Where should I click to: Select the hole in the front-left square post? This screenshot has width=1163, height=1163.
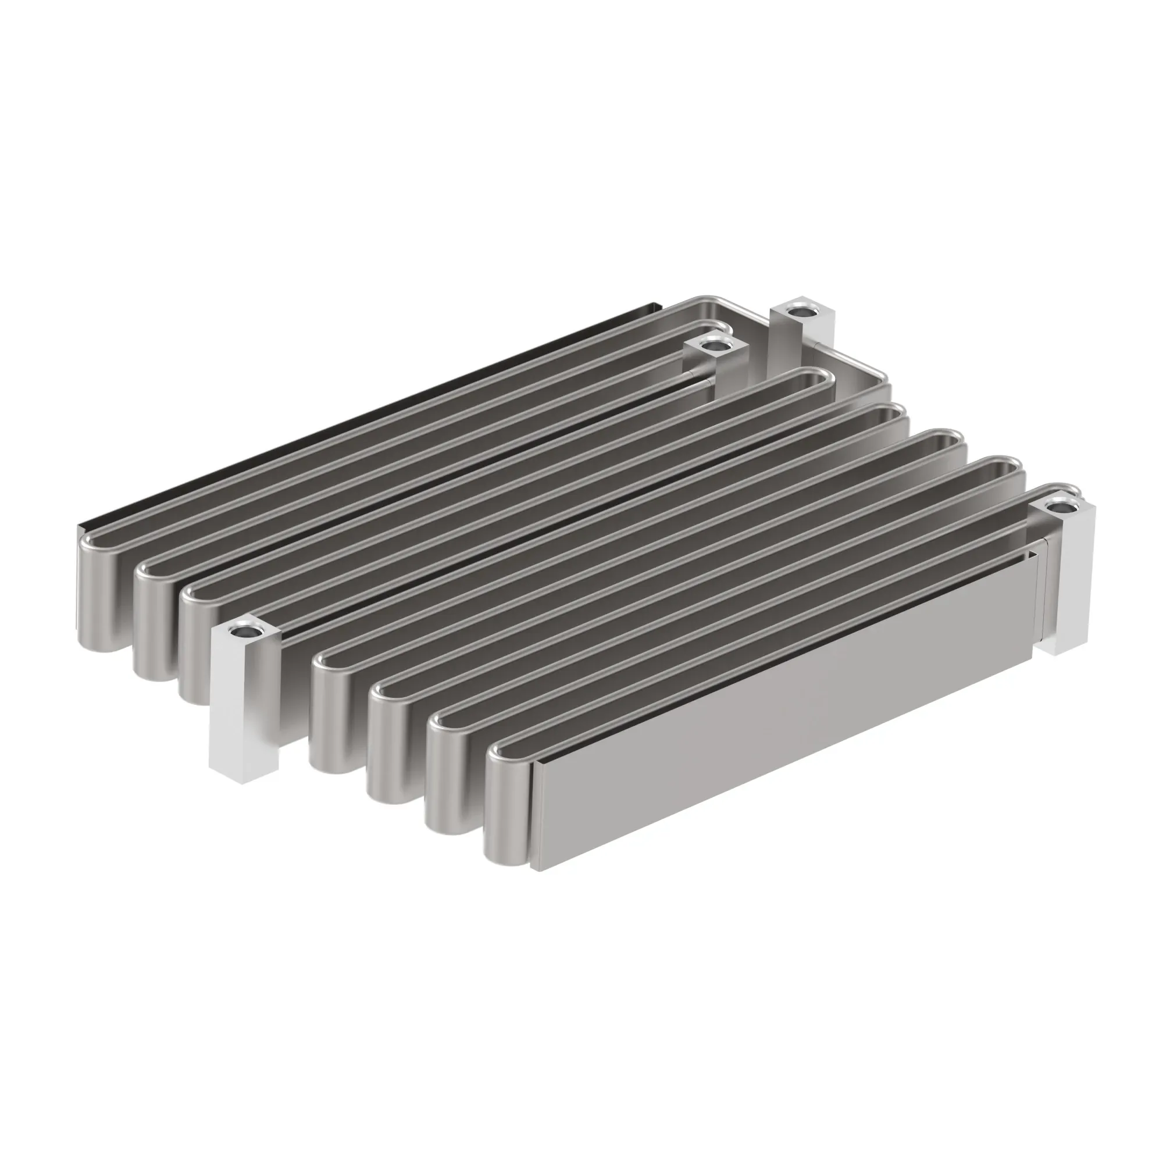(x=244, y=632)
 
